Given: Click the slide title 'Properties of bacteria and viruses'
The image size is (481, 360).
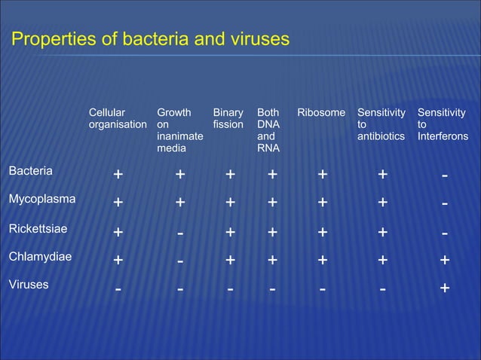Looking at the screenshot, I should pyautogui.click(x=149, y=38).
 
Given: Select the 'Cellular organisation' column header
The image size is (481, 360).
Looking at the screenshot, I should pyautogui.click(x=118, y=119).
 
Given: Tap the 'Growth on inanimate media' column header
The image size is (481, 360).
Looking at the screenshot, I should pyautogui.click(x=179, y=130).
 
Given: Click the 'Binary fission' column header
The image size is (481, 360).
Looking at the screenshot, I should pyautogui.click(x=228, y=119).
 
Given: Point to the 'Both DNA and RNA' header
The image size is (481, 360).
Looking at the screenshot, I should pyautogui.click(x=268, y=130).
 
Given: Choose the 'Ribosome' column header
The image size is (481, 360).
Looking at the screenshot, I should pyautogui.click(x=321, y=113).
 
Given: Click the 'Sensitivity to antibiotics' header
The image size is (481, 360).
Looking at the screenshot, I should pyautogui.click(x=381, y=124).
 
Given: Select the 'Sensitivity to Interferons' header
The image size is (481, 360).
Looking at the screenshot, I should pyautogui.click(x=443, y=124).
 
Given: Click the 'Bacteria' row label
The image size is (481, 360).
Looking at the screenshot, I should pyautogui.click(x=31, y=171).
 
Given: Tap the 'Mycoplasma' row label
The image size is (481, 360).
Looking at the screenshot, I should pyautogui.click(x=42, y=200).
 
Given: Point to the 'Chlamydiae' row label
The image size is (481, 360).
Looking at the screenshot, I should pyautogui.click(x=41, y=257).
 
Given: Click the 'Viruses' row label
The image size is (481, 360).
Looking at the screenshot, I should pyautogui.click(x=29, y=285).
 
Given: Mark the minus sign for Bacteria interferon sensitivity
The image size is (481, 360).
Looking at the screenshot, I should pyautogui.click(x=445, y=175).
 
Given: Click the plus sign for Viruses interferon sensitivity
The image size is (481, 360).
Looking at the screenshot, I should pyautogui.click(x=445, y=288).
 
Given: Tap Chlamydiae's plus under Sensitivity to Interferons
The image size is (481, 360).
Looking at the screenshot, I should pyautogui.click(x=445, y=261).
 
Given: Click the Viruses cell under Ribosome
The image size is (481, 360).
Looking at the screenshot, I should pyautogui.click(x=322, y=288).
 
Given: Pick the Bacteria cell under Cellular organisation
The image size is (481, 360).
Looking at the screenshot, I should pyautogui.click(x=118, y=175).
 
